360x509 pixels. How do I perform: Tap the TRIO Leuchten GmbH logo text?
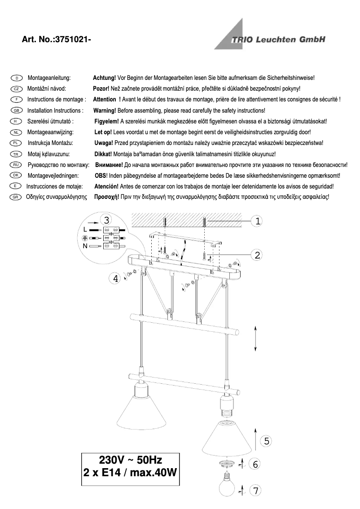click(278, 40)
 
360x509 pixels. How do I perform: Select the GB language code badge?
click(16, 110)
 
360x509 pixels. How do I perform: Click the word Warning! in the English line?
click(105, 110)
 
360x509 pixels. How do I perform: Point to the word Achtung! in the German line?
click(104, 78)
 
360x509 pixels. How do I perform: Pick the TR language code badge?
click(16, 154)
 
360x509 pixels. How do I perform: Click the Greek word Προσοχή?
click(105, 197)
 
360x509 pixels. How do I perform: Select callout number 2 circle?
click(257, 255)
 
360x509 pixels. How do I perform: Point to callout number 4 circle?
click(116, 279)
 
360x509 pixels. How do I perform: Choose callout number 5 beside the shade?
click(266, 441)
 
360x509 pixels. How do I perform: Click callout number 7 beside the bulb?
click(255, 491)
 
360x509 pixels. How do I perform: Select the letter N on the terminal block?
click(85, 246)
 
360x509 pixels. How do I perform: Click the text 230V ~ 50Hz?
click(130, 460)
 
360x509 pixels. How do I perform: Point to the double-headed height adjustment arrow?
click(255, 339)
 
